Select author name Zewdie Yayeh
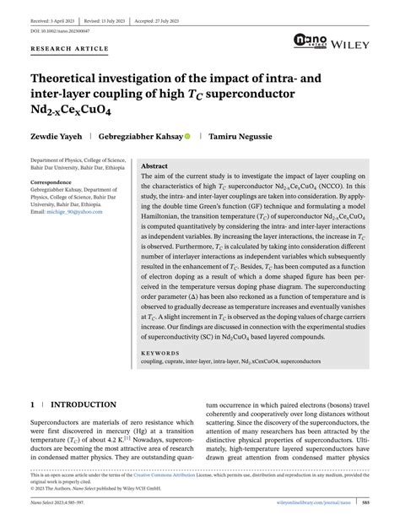tap(54, 134)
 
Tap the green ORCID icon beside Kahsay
tap(186, 134)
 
